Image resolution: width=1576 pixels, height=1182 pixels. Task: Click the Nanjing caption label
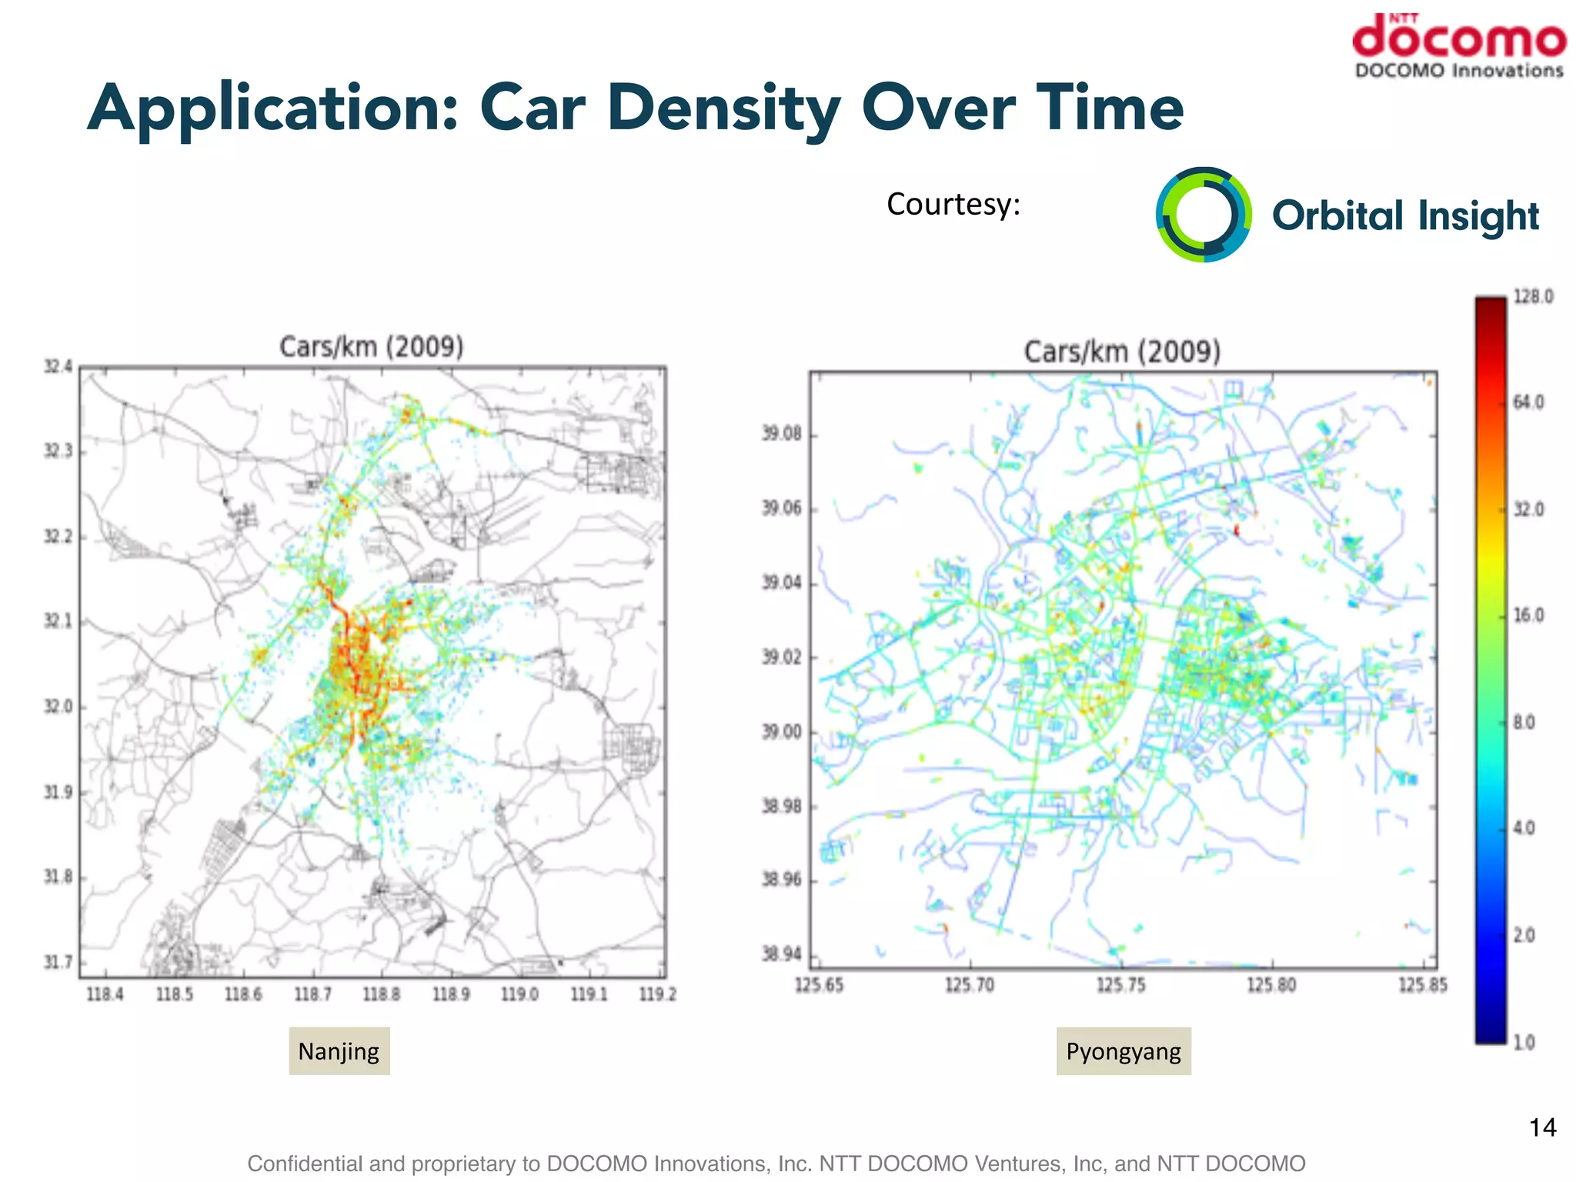point(339,1051)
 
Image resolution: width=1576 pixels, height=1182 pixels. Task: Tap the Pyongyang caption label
point(1123,1051)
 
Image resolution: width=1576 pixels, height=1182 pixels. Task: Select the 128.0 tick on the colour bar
point(1533,297)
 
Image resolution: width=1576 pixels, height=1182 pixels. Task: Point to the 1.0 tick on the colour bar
point(1524,1043)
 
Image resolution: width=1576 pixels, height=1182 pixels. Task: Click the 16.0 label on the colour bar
point(1528,616)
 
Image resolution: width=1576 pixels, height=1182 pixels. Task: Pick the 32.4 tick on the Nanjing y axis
point(58,367)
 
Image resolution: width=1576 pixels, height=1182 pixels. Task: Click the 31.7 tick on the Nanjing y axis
point(58,963)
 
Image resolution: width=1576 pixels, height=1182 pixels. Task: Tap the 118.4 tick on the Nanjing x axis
point(105,995)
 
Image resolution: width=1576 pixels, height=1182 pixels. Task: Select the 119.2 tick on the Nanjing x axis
point(658,995)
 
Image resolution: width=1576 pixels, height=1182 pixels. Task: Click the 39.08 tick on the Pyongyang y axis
point(782,435)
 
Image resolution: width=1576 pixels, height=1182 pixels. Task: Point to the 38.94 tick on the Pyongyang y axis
point(782,955)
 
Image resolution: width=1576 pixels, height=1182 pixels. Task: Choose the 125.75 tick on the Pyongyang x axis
point(1121,986)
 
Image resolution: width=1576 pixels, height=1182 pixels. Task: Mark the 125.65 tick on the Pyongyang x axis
point(819,986)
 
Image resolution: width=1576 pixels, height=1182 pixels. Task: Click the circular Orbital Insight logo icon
point(1204,215)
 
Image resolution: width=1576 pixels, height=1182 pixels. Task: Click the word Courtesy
point(953,205)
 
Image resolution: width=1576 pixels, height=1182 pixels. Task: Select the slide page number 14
point(1542,1128)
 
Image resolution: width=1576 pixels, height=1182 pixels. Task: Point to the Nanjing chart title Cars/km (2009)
point(371,347)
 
